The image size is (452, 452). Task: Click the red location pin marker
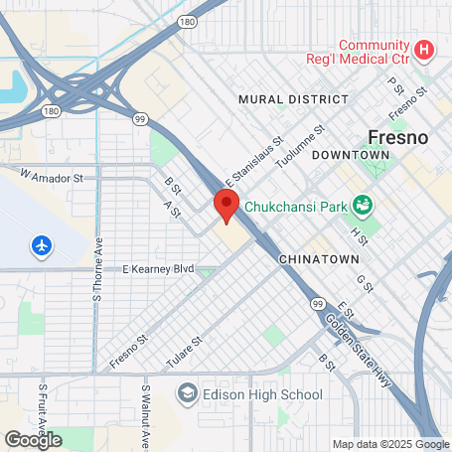click(226, 207)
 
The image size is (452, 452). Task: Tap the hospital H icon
click(425, 48)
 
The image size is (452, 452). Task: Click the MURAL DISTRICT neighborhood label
click(294, 99)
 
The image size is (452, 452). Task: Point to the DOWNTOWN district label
click(350, 156)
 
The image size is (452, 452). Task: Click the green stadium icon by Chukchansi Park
click(363, 205)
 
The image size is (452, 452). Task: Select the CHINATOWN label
click(318, 258)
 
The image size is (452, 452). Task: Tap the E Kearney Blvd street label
click(157, 269)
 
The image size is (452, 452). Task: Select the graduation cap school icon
click(187, 395)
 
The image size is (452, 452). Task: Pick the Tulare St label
click(186, 353)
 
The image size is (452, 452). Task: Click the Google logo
click(33, 438)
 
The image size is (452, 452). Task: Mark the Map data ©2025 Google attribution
click(389, 444)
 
